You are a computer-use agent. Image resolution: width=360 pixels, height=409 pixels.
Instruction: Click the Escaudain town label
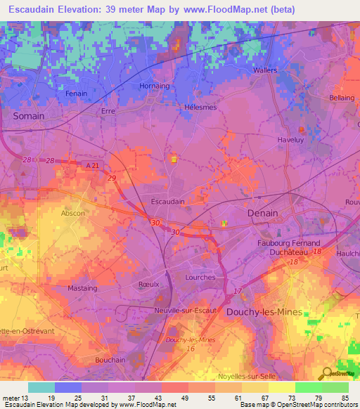coord(168,201)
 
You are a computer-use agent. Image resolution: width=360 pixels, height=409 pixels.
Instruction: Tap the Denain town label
coord(263,213)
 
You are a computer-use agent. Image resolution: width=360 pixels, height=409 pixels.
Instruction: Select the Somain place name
coord(29,116)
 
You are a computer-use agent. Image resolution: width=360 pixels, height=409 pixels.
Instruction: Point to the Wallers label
coord(265,71)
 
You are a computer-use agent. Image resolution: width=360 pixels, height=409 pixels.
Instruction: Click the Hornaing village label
coord(155,86)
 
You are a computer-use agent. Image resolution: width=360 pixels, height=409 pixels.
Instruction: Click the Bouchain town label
coord(109,359)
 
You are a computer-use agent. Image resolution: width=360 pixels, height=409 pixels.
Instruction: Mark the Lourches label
coord(200,277)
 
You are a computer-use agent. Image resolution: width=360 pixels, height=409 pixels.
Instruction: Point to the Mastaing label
coord(82,288)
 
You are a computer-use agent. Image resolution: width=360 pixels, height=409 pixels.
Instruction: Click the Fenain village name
coord(76,93)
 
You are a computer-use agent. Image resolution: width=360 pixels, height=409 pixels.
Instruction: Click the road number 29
coord(112,180)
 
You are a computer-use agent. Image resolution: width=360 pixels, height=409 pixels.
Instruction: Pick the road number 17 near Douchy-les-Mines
coord(237,291)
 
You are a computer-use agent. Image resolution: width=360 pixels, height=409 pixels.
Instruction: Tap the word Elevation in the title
coord(91,10)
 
